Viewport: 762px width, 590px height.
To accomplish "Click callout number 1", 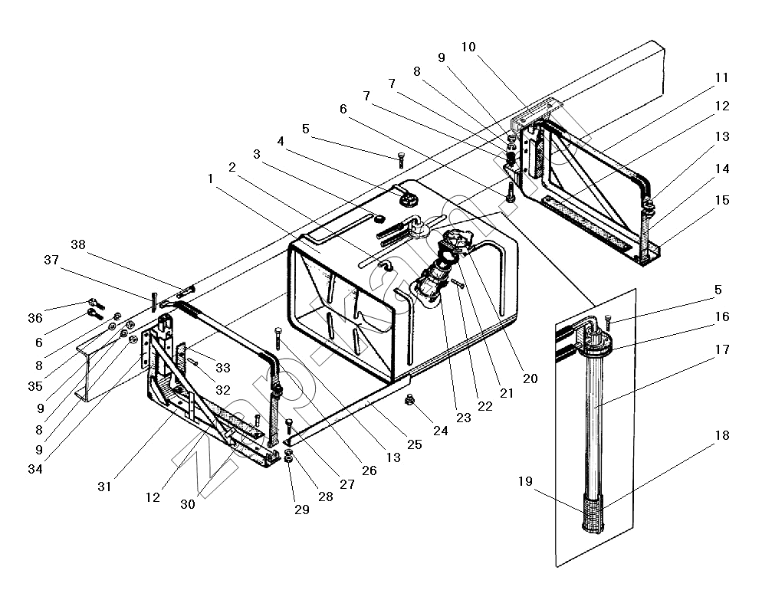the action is [210, 179].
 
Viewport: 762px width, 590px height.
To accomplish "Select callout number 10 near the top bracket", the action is [468, 47].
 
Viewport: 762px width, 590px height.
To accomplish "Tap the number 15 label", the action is [722, 200].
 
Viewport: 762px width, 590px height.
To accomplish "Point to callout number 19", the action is [525, 481].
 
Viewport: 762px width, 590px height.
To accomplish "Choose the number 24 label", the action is [440, 431].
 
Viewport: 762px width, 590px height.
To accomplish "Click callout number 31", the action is [104, 487].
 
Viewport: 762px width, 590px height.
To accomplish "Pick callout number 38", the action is [78, 244].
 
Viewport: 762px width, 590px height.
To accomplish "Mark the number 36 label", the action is [35, 318].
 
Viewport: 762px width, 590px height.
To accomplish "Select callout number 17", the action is [722, 349].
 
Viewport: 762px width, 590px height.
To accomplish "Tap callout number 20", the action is [530, 379].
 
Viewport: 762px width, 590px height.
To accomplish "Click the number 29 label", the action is [302, 510].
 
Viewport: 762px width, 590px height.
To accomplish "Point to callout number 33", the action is [223, 368].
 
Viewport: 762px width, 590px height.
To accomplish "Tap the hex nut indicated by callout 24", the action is [409, 400].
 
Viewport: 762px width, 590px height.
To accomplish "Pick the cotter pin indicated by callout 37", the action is [154, 302].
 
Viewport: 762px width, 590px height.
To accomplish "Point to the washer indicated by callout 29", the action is [288, 458].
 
